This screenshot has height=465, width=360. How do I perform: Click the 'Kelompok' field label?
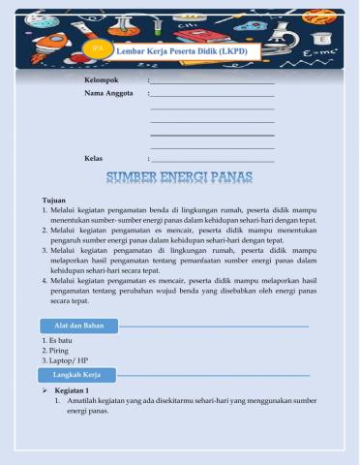[x=102, y=79]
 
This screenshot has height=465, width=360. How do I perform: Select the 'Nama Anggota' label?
[x=108, y=94]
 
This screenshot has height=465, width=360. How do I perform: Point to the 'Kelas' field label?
[x=94, y=157]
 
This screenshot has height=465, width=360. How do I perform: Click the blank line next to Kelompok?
[x=212, y=81]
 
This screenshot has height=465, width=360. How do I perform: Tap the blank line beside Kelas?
[x=212, y=159]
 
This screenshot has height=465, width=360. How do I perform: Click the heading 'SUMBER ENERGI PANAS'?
[x=179, y=176]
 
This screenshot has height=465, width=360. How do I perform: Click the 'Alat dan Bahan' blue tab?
[x=79, y=325]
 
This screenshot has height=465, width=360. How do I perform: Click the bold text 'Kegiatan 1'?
[x=73, y=389]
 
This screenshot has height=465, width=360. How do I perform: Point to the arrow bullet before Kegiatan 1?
[x=45, y=389]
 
